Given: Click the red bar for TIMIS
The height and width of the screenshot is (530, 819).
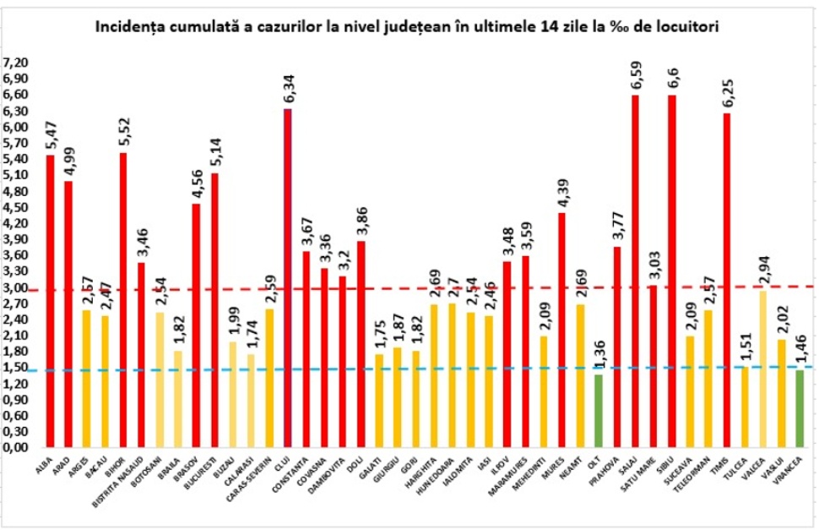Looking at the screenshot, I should [727, 280].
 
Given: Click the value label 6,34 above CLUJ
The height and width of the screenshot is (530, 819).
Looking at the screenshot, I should [288, 87].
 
